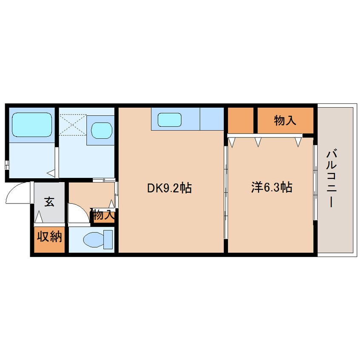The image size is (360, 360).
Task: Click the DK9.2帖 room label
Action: (x=169, y=188)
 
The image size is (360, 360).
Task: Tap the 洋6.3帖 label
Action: (x=271, y=187)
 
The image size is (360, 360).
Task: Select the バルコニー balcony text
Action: (x=332, y=178)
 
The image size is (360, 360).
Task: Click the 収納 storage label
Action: (x=49, y=237)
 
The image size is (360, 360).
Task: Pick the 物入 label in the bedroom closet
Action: (x=285, y=120)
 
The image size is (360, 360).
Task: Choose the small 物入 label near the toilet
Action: (x=103, y=214)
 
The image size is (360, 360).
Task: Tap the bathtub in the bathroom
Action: (x=31, y=125)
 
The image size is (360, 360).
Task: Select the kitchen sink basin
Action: (x=170, y=120)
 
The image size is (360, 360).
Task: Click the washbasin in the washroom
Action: (x=101, y=130)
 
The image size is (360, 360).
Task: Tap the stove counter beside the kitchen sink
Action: (x=211, y=119)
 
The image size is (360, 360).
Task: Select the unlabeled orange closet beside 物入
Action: (x=240, y=120)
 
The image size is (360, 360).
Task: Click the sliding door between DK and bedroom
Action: (x=226, y=192)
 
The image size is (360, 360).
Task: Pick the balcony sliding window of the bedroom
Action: (x=315, y=183)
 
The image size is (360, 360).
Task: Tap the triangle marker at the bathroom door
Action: (x=51, y=173)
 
